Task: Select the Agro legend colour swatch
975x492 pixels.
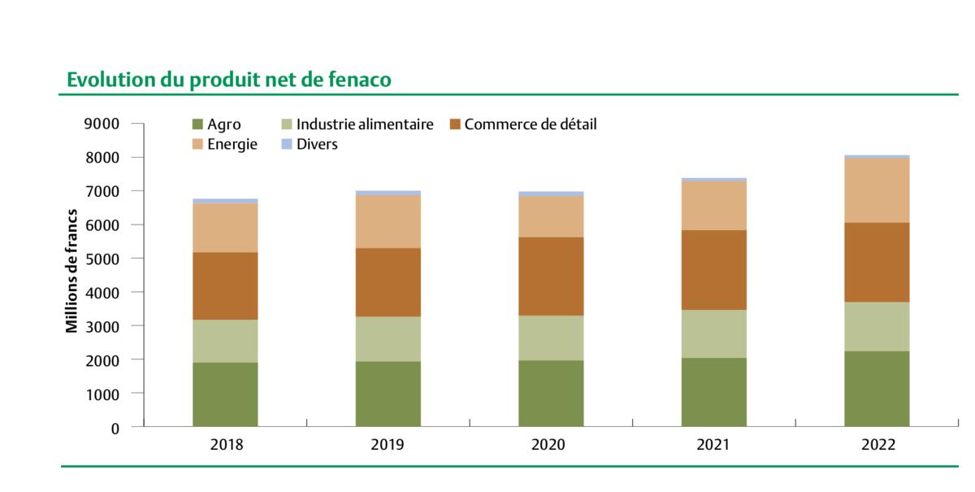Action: pyautogui.click(x=197, y=124)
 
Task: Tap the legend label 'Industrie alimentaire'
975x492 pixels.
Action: pyautogui.click(x=365, y=124)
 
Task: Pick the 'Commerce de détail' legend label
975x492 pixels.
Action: pyautogui.click(x=530, y=124)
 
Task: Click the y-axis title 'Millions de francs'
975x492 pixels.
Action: pyautogui.click(x=71, y=270)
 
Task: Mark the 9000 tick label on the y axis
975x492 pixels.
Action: pyautogui.click(x=102, y=124)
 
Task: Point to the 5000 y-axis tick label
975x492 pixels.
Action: pyautogui.click(x=102, y=259)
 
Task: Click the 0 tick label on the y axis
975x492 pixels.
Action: pyautogui.click(x=115, y=427)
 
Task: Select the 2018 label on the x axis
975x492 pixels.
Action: pyautogui.click(x=225, y=445)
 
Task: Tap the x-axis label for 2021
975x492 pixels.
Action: pyautogui.click(x=713, y=445)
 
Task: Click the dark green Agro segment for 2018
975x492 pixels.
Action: pyautogui.click(x=225, y=394)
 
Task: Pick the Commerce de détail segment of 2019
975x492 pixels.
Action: pyautogui.click(x=388, y=282)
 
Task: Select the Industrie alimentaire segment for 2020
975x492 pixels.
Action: pyautogui.click(x=551, y=337)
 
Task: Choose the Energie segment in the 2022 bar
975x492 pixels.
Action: pyautogui.click(x=877, y=189)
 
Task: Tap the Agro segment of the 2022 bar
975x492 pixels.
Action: pyautogui.click(x=877, y=388)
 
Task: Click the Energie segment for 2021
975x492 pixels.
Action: pyautogui.click(x=713, y=205)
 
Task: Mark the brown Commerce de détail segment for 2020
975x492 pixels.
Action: pyautogui.click(x=551, y=276)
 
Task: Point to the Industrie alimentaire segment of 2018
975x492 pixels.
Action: pyautogui.click(x=225, y=341)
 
